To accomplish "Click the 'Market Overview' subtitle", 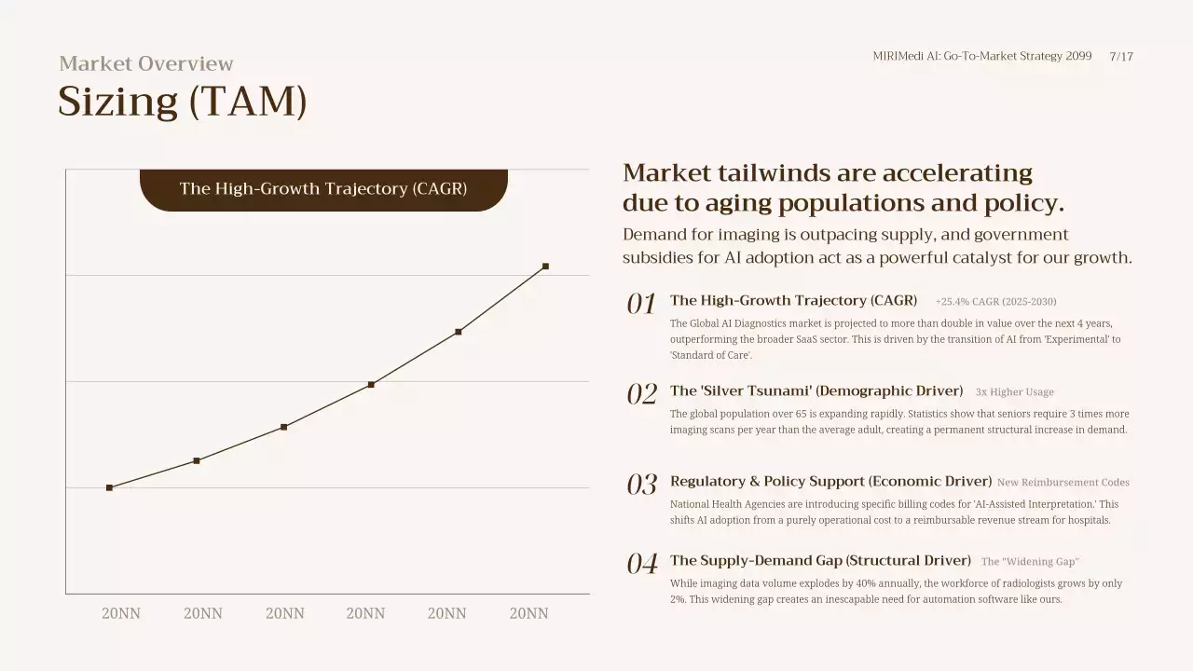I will tap(146, 63).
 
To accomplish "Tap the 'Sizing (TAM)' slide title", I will tap(183, 101).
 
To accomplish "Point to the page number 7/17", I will tap(1121, 56).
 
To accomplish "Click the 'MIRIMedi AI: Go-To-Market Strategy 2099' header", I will tap(981, 56).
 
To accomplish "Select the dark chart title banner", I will tap(323, 189).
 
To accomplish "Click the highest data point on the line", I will tap(545, 267).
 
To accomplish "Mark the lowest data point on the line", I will tap(109, 487).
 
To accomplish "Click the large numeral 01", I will tap(641, 304).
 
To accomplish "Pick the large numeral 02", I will tap(641, 394).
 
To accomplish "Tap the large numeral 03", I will tap(641, 485).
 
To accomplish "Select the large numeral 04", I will tap(641, 564).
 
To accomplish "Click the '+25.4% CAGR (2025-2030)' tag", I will tap(995, 302).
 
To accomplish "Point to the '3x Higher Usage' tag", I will tap(1014, 392).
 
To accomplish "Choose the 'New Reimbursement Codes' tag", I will tap(1063, 483).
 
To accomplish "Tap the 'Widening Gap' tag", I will tap(1030, 562).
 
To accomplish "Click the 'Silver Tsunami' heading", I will tap(816, 390).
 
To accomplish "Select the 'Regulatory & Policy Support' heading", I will tap(830, 481).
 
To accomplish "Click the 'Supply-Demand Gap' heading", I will tap(820, 560).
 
